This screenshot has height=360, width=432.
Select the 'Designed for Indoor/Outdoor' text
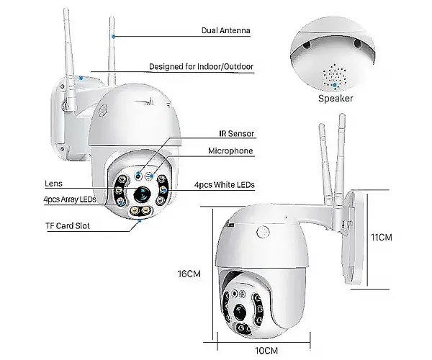[x=201, y=67]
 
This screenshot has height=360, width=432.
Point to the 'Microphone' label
[x=230, y=151]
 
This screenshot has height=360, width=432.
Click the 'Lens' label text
[x=53, y=184]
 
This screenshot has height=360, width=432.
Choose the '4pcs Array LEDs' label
[x=70, y=199]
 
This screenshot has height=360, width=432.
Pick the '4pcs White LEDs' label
[x=224, y=185]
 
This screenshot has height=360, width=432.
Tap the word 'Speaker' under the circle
[x=336, y=98]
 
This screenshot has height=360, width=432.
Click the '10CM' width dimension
[x=266, y=350]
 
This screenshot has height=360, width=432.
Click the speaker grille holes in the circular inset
[x=335, y=74]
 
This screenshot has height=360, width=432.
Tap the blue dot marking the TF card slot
[x=140, y=221]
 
